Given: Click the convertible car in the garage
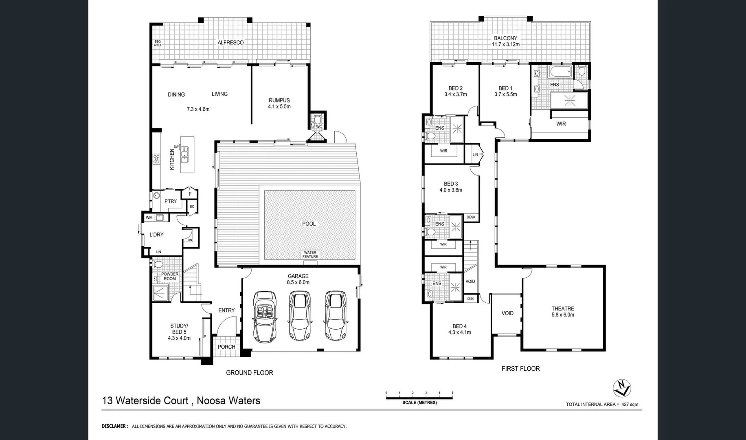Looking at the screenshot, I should [x=265, y=316].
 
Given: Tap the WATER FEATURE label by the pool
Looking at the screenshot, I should [x=310, y=255].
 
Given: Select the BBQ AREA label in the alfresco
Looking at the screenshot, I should [x=158, y=43].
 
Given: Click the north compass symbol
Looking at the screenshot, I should [x=622, y=388].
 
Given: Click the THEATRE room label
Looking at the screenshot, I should [x=563, y=309].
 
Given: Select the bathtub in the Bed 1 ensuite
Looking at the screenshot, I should [x=561, y=72].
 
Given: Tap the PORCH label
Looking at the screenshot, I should [x=226, y=347].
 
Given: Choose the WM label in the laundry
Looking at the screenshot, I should [x=149, y=218].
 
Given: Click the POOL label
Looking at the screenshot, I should [x=309, y=224].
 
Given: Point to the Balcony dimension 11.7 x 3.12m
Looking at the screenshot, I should [x=505, y=44].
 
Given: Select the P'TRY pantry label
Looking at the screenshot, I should [x=170, y=201].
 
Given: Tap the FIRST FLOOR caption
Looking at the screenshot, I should [x=520, y=368].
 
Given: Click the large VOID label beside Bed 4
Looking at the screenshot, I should [x=507, y=313].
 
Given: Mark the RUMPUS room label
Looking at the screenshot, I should [x=279, y=100].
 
